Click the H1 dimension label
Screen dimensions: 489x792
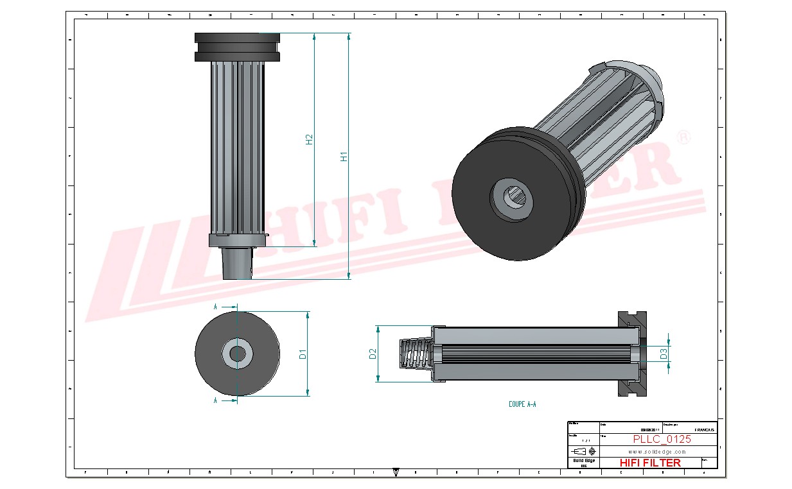pos(344,156)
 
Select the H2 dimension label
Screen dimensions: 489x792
pos(309,139)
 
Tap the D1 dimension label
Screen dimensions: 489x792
pos(303,354)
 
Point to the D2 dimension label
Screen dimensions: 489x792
pos(373,354)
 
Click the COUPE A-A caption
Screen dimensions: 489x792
pos(522,404)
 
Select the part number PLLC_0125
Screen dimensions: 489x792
pos(662,440)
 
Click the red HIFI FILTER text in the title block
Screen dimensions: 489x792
pos(650,463)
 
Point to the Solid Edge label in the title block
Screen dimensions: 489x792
pos(583,461)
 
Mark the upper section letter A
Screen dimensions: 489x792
pos(215,307)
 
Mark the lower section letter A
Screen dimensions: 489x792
pos(215,400)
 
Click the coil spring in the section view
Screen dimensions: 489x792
pos(416,354)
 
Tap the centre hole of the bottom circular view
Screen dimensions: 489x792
pos(237,354)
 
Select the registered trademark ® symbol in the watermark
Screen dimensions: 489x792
pos(685,137)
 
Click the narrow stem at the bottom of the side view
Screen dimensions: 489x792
pos(237,263)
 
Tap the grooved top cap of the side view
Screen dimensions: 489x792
pos(237,47)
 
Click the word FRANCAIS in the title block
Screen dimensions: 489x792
pos(704,430)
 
